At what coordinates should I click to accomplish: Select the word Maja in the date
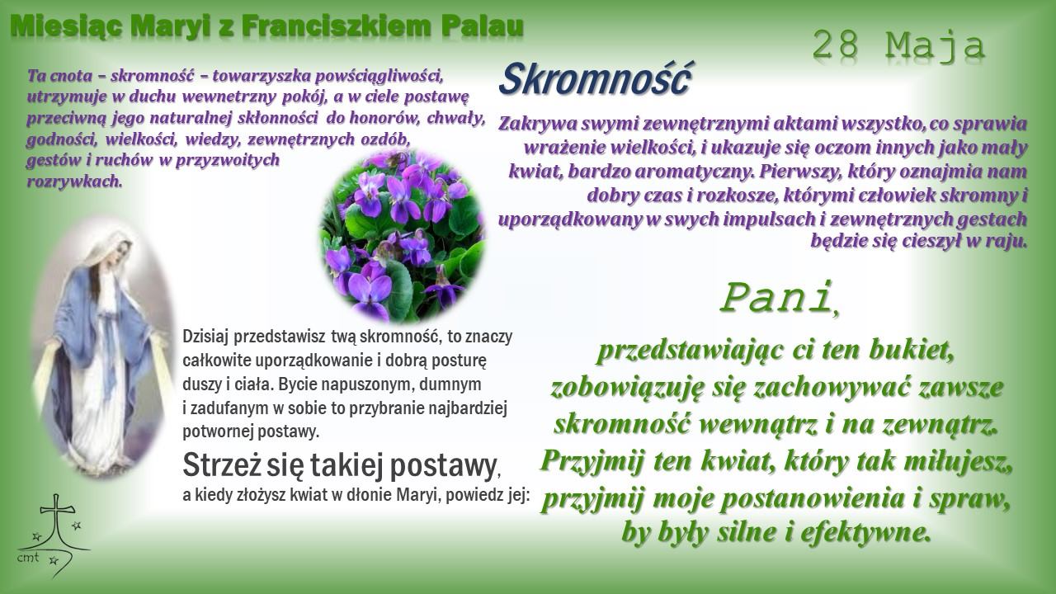pos(936,46)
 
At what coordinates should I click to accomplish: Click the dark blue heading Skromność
pos(595,79)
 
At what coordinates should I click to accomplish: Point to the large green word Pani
pos(775,298)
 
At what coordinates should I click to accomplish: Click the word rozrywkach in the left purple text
pos(74,181)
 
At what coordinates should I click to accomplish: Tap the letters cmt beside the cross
pos(28,557)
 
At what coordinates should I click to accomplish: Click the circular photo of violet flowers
pos(403,236)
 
